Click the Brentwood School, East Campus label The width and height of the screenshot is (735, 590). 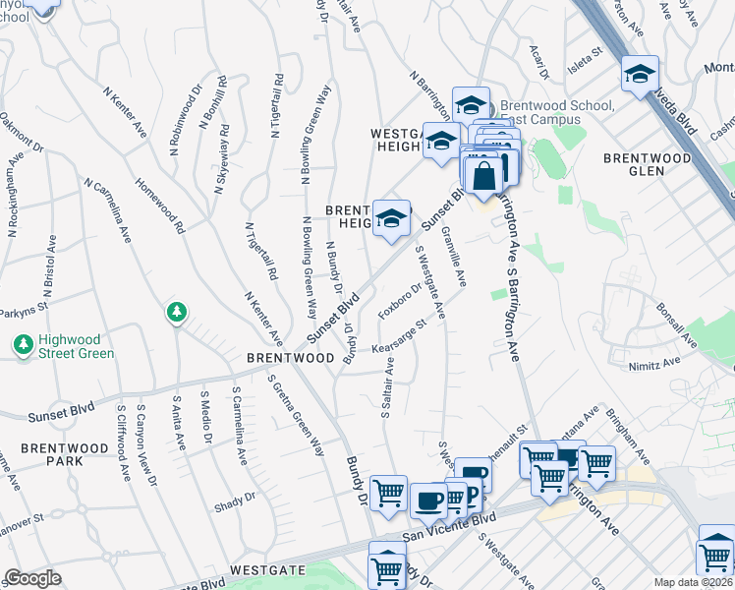click(557, 112)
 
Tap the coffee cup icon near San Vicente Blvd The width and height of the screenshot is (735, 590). click(428, 500)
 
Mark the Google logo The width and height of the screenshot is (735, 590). click(32, 578)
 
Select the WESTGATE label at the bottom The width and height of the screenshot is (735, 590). click(263, 569)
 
